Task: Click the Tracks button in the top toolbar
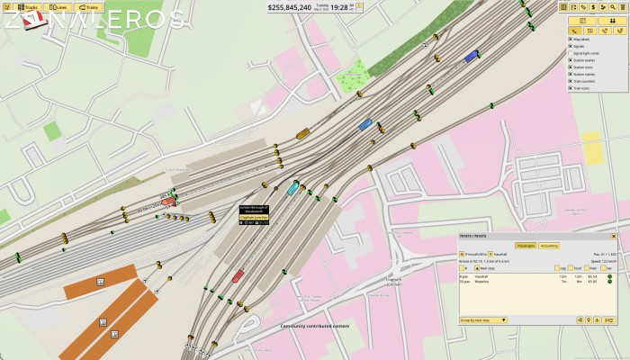pyautogui.click(x=28, y=6)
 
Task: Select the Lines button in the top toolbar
pyautogui.click(x=58, y=6)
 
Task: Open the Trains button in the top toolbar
pyautogui.click(x=87, y=6)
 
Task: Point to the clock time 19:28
pyautogui.click(x=338, y=7)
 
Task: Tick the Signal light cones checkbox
pyautogui.click(x=570, y=53)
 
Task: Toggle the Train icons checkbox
pyautogui.click(x=570, y=88)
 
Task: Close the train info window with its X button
pyautogui.click(x=619, y=235)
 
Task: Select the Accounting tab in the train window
pyautogui.click(x=549, y=245)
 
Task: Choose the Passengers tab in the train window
pyautogui.click(x=526, y=245)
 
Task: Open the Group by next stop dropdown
pyautogui.click(x=483, y=319)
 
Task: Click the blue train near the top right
pyautogui.click(x=471, y=56)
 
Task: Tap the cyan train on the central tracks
pyautogui.click(x=292, y=188)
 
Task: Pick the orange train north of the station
pyautogui.click(x=303, y=134)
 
